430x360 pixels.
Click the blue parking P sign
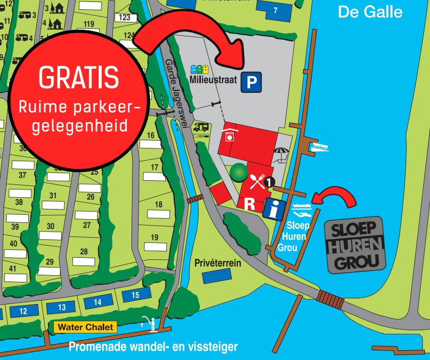(251, 82)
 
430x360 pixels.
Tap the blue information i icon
(274, 209)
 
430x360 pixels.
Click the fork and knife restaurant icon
(257, 180)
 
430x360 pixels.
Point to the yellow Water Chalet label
(86, 327)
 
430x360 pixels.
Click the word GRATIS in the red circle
(79, 78)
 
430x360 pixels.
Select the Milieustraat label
(213, 80)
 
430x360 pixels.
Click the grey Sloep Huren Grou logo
(356, 245)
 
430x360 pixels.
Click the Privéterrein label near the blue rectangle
(218, 263)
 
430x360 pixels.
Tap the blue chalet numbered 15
(135, 295)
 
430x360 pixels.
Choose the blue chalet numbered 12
(23, 311)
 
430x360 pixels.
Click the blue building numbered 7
(275, 10)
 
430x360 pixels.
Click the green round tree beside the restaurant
(237, 172)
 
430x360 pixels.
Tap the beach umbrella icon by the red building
(281, 153)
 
